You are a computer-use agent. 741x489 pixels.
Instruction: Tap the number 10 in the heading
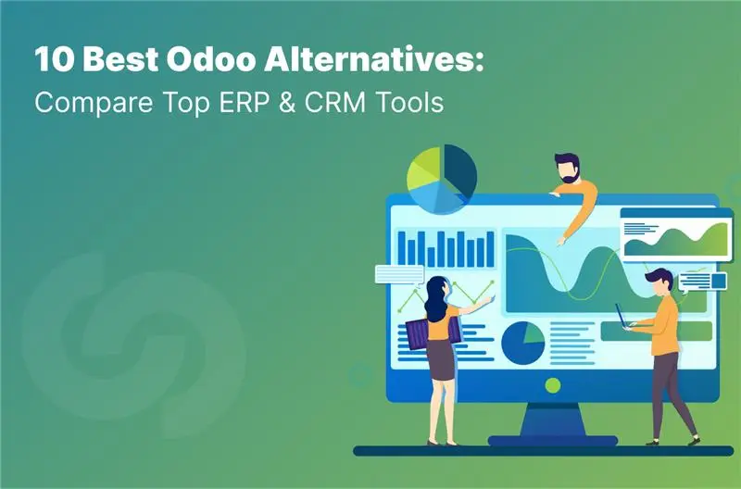(x=51, y=62)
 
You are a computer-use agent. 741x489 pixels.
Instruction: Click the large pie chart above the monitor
(x=442, y=177)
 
